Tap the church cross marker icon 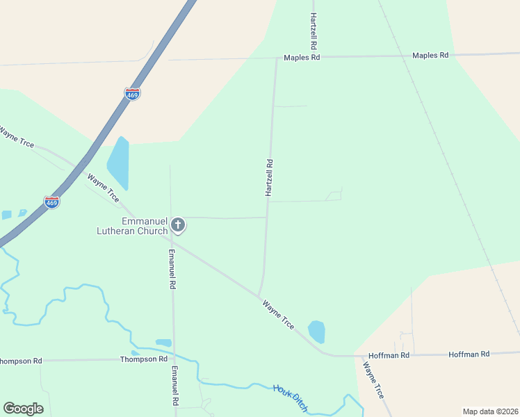click(178, 224)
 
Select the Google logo click(23, 409)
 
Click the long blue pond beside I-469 click(119, 163)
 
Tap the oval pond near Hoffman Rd click(316, 332)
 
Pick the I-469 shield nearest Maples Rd click(132, 94)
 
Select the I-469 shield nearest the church click(51, 202)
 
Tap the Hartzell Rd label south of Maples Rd click(269, 178)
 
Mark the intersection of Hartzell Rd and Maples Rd click(277, 58)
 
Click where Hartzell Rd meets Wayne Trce click(259, 296)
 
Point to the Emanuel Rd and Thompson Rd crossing click(173, 359)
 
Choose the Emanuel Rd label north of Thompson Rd click(171, 268)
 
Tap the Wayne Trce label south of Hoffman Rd click(373, 379)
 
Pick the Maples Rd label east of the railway click(430, 55)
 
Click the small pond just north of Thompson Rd click(163, 343)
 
